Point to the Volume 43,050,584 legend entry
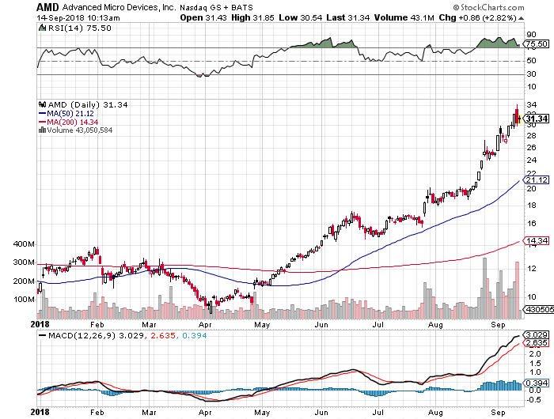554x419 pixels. [x=78, y=130]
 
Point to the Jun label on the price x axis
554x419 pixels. [x=321, y=324]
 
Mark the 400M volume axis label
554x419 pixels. [x=25, y=243]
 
